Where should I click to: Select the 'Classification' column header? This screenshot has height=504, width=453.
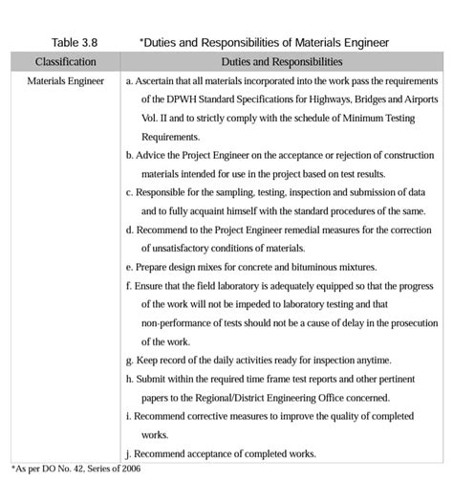tap(65, 61)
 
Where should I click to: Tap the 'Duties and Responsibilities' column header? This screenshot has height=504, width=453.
tap(281, 61)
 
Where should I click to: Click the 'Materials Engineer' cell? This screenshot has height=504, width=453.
tap(65, 82)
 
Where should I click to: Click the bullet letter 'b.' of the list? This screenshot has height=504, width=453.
tap(129, 155)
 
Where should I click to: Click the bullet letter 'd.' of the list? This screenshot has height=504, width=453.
tap(129, 230)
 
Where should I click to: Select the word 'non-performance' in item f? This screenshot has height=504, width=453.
tap(180, 322)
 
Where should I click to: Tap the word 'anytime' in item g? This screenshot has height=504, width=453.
tap(372, 360)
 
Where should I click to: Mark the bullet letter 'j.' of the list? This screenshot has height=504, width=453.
tap(128, 453)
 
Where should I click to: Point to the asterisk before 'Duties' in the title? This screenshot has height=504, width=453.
tap(141, 41)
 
